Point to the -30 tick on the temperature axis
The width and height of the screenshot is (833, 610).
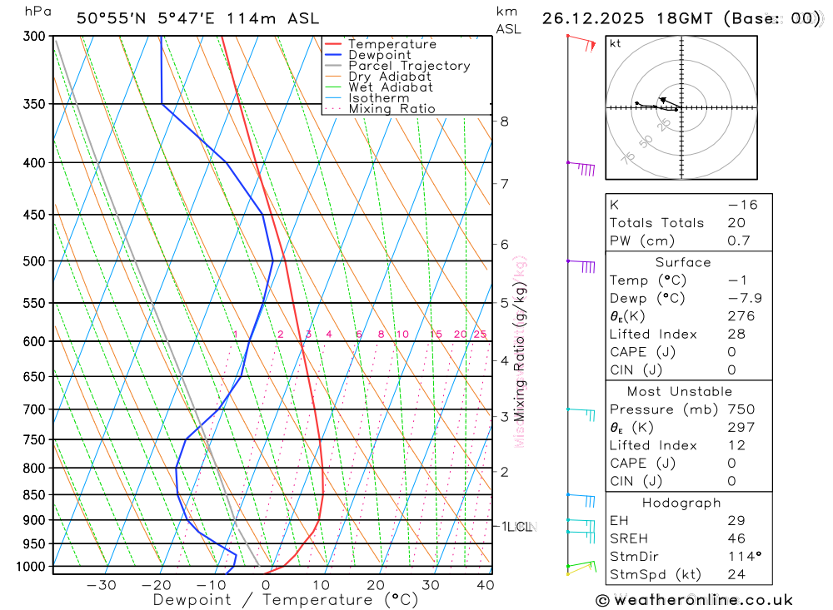tap(102, 585)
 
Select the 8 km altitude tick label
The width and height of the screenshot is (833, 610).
tap(504, 122)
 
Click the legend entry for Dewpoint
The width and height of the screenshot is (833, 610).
tap(380, 55)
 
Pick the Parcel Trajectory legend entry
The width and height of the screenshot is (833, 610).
tap(409, 66)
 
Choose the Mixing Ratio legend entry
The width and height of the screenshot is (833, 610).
tap(392, 109)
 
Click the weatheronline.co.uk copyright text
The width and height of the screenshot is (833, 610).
tap(694, 600)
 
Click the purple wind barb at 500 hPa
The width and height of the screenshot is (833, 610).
tap(583, 265)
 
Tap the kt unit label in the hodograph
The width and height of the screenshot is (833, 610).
tap(616, 44)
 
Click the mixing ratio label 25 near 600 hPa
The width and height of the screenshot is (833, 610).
tap(480, 335)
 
